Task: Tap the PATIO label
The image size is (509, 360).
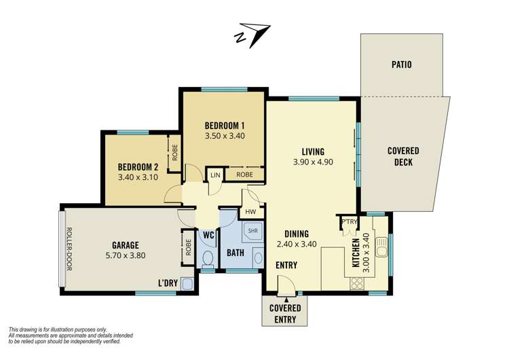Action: coord(402,65)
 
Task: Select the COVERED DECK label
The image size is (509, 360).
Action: coord(403,156)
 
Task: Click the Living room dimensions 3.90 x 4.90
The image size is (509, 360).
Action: coord(313,162)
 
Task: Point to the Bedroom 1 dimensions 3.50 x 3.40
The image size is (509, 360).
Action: coord(225,136)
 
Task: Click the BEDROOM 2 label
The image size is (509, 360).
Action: coord(138,167)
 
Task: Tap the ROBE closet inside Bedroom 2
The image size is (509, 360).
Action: coord(174,153)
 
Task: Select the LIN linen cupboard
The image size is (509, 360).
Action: coord(215,175)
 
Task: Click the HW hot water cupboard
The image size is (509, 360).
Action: coord(250,212)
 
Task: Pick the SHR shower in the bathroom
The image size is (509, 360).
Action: coord(252,231)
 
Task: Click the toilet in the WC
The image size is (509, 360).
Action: coord(208,259)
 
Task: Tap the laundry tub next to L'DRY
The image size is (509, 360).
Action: coord(187,284)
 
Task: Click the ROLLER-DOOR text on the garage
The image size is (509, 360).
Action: coord(69,249)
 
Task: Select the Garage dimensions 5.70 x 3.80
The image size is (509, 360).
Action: coord(126,255)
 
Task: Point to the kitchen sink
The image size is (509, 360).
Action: coord(381,247)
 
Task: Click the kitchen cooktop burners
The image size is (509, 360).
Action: coord(357,283)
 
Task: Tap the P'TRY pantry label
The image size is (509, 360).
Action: coord(350,222)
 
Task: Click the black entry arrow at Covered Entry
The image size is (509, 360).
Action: coord(286,300)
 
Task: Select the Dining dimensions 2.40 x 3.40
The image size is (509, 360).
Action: coord(297,244)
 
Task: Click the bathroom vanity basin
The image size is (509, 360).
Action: coord(258,258)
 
